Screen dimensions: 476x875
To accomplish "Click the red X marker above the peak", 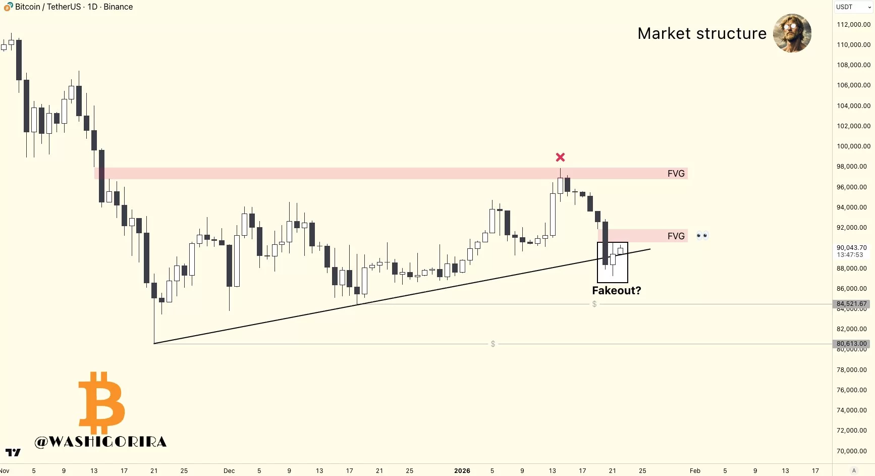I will point(560,157).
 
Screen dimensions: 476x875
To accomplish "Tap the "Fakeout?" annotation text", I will point(616,291).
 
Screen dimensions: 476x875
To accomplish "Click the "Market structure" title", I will point(701,33).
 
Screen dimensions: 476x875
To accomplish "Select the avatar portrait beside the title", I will point(792,33).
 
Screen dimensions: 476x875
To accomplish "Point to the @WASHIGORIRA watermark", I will point(100,442).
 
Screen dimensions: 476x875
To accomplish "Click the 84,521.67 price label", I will point(851,304).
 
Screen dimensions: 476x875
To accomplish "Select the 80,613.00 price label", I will point(851,344).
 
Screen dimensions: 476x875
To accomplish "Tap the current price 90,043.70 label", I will point(851,248).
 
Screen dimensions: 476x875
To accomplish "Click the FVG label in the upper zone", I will point(676,174).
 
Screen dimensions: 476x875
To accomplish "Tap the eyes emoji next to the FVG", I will point(702,236).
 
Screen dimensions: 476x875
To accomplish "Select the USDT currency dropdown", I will point(853,7).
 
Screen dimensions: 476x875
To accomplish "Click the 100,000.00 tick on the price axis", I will point(853,146).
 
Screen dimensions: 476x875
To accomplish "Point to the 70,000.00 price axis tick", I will point(853,451).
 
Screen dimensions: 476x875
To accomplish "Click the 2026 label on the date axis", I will point(462,471).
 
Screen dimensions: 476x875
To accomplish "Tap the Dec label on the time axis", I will point(229,471).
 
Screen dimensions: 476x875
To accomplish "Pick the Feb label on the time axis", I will point(695,471).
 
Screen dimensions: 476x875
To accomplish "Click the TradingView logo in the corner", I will point(13,452).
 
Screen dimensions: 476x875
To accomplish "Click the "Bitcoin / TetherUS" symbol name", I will point(48,7).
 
